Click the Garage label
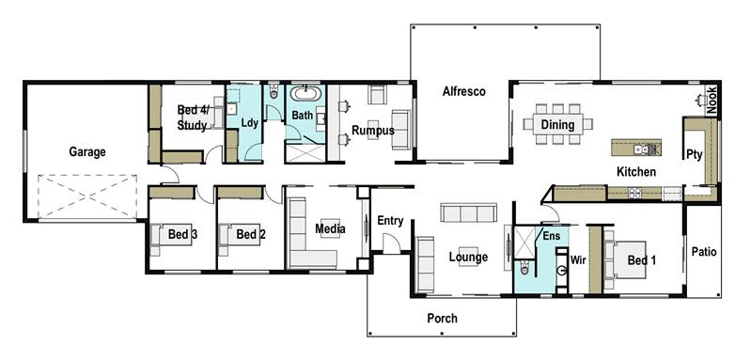coord(86,151)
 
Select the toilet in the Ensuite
coord(527,269)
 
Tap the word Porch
coord(442,319)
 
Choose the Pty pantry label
coord(695,153)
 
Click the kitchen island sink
coord(640,148)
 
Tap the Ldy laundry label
coord(249,123)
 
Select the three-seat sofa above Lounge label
coord(467,212)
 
